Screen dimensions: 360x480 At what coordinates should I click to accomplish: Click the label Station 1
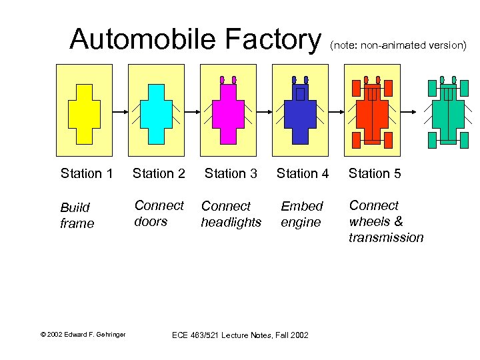pyautogui.click(x=86, y=174)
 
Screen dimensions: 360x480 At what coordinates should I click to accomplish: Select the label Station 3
pyautogui.click(x=230, y=174)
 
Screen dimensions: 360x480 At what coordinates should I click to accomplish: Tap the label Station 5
pyautogui.click(x=374, y=174)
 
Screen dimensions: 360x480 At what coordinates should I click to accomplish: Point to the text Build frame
pyautogui.click(x=77, y=215)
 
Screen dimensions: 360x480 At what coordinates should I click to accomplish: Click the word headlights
pyautogui.click(x=231, y=223)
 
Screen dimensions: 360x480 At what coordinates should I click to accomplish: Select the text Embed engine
pyautogui.click(x=301, y=214)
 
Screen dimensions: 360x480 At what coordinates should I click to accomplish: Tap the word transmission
pyautogui.click(x=385, y=238)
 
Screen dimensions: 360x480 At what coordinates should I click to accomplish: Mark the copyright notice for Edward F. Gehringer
pyautogui.click(x=83, y=334)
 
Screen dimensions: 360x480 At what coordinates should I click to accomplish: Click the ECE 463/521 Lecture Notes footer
pyautogui.click(x=240, y=335)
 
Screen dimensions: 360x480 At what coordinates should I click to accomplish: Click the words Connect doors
pyautogui.click(x=159, y=213)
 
